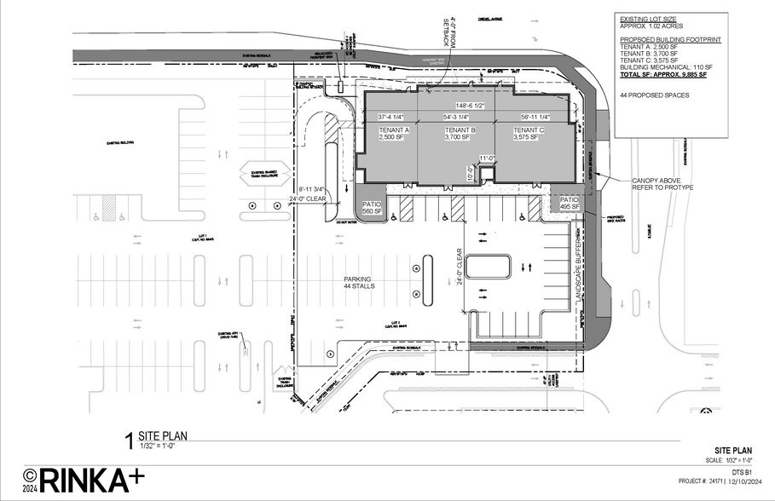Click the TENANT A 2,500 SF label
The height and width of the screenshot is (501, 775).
(x=394, y=134)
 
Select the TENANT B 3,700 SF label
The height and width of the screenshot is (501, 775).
(x=460, y=134)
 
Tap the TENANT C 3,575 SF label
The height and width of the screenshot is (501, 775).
(x=529, y=134)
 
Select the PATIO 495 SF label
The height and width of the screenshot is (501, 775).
(x=570, y=204)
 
